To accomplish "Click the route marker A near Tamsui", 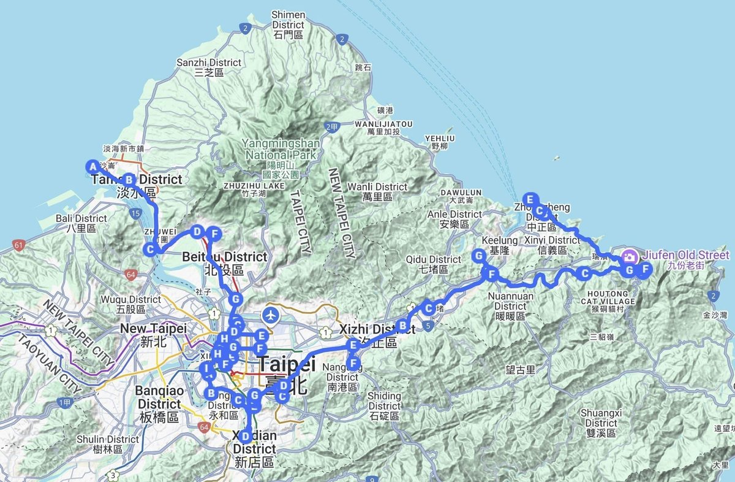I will coord(92,167).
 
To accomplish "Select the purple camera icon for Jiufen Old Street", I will coord(629,256).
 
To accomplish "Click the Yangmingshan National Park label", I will coord(281,148).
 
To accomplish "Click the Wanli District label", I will coord(377,191).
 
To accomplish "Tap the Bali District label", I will coord(81,223).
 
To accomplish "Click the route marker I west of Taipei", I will coord(208,369).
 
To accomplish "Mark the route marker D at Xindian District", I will coord(245,436).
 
